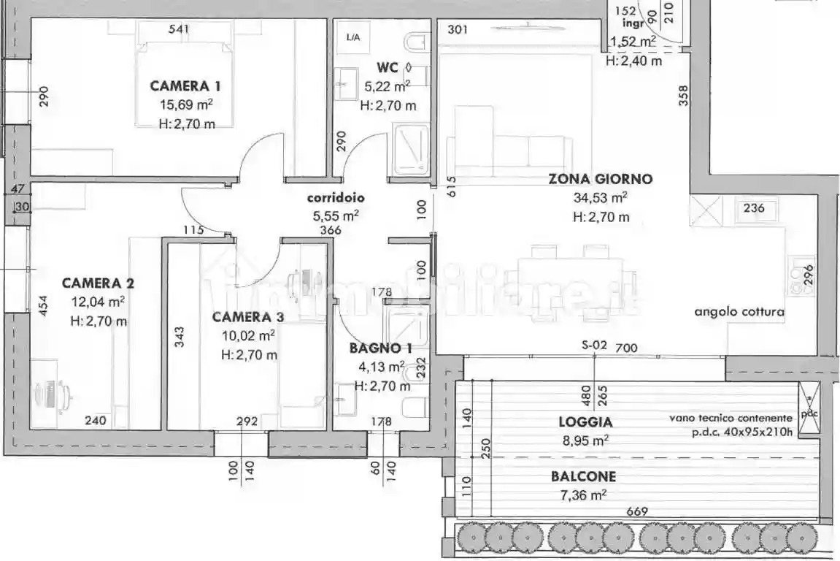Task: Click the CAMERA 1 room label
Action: (x=185, y=85)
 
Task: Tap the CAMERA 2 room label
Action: (x=98, y=283)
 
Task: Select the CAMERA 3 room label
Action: (x=248, y=317)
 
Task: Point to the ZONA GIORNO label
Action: (x=600, y=179)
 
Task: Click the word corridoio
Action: (x=336, y=197)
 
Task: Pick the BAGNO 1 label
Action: (x=380, y=348)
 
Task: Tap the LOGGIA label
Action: (x=585, y=421)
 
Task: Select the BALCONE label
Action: (x=583, y=476)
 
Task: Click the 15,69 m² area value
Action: (x=186, y=104)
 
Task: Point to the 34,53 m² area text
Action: (x=601, y=198)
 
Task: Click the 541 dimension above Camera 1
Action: (x=179, y=29)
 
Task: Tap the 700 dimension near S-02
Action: (x=626, y=348)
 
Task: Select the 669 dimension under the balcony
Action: (x=636, y=512)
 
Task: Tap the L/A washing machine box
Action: (x=353, y=36)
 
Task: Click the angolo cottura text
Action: (x=739, y=312)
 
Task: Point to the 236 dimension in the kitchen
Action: (x=754, y=208)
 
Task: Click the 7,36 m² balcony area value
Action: (x=583, y=495)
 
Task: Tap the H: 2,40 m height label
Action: (x=634, y=61)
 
